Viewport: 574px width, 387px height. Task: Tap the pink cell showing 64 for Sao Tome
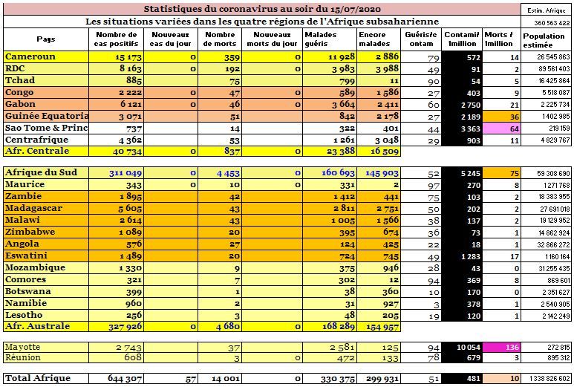[501, 129]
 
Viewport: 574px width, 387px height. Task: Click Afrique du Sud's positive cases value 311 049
[125, 173]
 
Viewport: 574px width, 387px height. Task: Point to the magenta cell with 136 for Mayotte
[501, 347]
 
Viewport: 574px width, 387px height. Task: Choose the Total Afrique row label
[38, 378]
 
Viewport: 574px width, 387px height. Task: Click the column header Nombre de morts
[220, 39]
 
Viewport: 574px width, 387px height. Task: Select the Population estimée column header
[544, 40]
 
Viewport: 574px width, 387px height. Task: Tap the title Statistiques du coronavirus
[262, 9]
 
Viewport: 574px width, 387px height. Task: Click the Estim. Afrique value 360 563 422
[552, 23]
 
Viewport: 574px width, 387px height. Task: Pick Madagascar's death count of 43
[235, 209]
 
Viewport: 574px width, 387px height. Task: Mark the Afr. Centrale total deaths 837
[232, 151]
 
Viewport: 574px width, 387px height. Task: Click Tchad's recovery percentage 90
[434, 81]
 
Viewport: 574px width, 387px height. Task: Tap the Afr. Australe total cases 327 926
[125, 327]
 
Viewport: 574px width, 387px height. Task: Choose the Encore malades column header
[374, 39]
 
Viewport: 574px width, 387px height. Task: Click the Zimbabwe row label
[30, 232]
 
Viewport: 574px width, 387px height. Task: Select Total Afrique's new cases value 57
[191, 379]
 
